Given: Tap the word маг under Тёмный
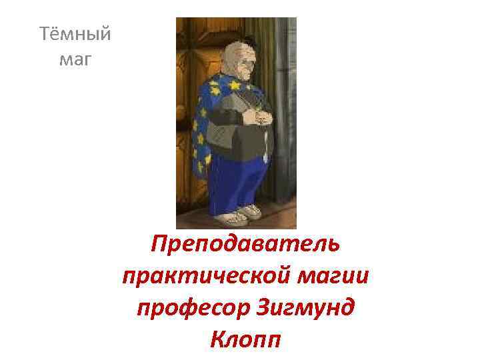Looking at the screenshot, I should click(x=75, y=61).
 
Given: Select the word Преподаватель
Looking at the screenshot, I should click(x=245, y=244).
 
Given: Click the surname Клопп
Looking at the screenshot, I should click(x=245, y=340).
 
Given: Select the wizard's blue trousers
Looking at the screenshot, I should click(x=240, y=180).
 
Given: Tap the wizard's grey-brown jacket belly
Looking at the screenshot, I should click(x=250, y=143).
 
